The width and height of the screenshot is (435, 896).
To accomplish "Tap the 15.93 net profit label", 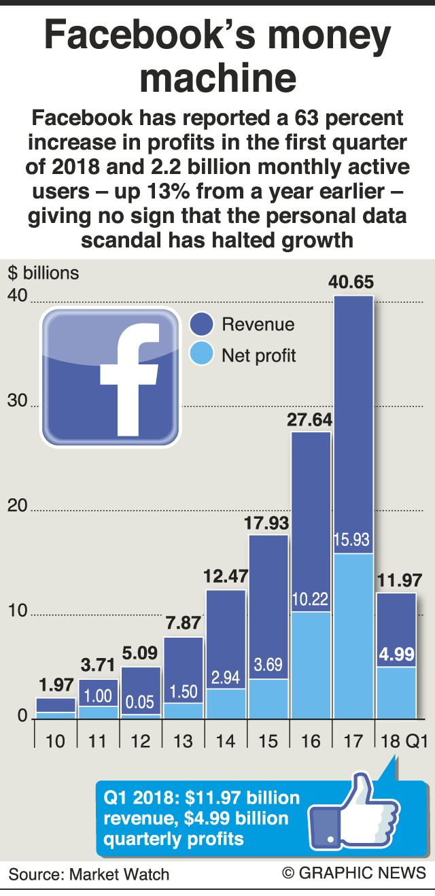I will [353, 540].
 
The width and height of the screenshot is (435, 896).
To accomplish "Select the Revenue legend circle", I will [203, 324].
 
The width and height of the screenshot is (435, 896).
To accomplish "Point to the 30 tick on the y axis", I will [17, 402].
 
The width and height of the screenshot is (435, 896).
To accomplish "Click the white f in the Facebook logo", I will [128, 378].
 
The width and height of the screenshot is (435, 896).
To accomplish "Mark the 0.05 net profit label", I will [141, 702].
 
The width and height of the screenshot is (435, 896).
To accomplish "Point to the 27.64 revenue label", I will [311, 419].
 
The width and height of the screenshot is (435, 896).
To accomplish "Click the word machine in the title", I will [217, 79].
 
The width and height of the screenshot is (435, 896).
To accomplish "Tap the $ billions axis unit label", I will [44, 273].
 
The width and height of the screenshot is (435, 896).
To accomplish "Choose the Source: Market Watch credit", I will [89, 874].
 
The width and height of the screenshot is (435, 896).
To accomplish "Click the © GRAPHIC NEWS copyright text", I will [354, 873].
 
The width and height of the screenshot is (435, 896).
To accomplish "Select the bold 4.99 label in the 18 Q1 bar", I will [395, 655].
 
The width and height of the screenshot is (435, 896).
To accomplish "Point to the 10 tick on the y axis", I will [17, 611].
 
